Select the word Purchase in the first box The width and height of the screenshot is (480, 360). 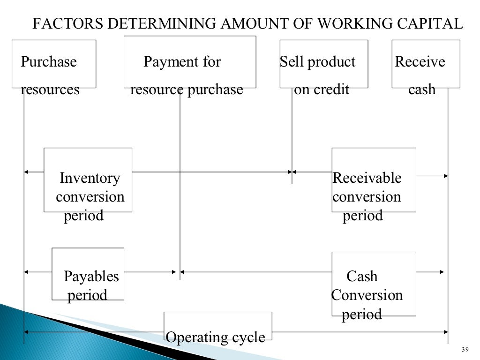pyautogui.click(x=49, y=62)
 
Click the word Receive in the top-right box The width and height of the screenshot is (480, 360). pyautogui.click(x=420, y=62)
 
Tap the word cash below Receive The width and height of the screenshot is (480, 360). pyautogui.click(x=422, y=90)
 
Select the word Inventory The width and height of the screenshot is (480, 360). pyautogui.click(x=90, y=179)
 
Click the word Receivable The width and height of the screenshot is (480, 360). pyautogui.click(x=367, y=179)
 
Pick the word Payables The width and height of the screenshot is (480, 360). pyautogui.click(x=91, y=277)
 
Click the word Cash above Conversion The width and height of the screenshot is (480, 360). pyautogui.click(x=362, y=277)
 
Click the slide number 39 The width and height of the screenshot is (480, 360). pyautogui.click(x=465, y=350)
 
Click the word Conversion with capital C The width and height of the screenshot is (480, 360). pyautogui.click(x=367, y=295)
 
